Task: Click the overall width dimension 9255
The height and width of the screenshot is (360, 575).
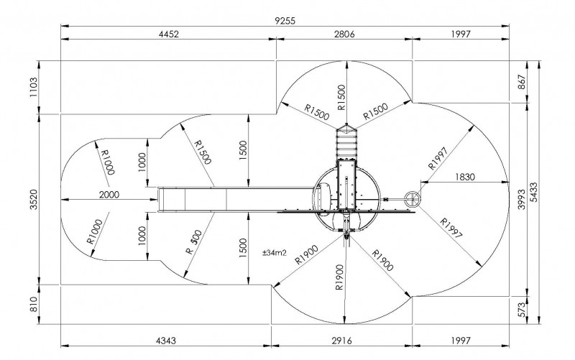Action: (x=285, y=21)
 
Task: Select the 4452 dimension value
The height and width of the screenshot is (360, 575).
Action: (x=169, y=34)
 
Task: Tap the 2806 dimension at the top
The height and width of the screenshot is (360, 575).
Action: (x=344, y=34)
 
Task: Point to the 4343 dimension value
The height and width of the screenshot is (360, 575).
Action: (x=166, y=341)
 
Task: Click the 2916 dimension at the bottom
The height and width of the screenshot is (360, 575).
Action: (x=342, y=341)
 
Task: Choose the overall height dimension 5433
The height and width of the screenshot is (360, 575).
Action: (x=534, y=192)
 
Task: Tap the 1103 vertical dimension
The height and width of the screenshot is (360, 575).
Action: (x=34, y=87)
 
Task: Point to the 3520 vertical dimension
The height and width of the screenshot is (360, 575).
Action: (x=34, y=200)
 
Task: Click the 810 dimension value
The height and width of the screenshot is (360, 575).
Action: (x=34, y=304)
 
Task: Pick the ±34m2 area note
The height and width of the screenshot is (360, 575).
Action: (x=275, y=253)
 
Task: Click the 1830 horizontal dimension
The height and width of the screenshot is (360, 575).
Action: (x=465, y=177)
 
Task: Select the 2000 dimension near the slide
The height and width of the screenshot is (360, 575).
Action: (x=109, y=194)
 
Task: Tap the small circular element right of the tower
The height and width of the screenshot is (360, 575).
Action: (x=412, y=199)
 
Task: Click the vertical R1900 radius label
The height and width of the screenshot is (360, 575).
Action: (x=339, y=277)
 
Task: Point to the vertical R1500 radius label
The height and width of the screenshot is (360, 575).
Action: (x=341, y=98)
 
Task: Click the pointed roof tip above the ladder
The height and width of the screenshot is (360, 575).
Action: (x=346, y=124)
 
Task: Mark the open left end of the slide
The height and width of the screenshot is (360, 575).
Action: (x=158, y=200)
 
